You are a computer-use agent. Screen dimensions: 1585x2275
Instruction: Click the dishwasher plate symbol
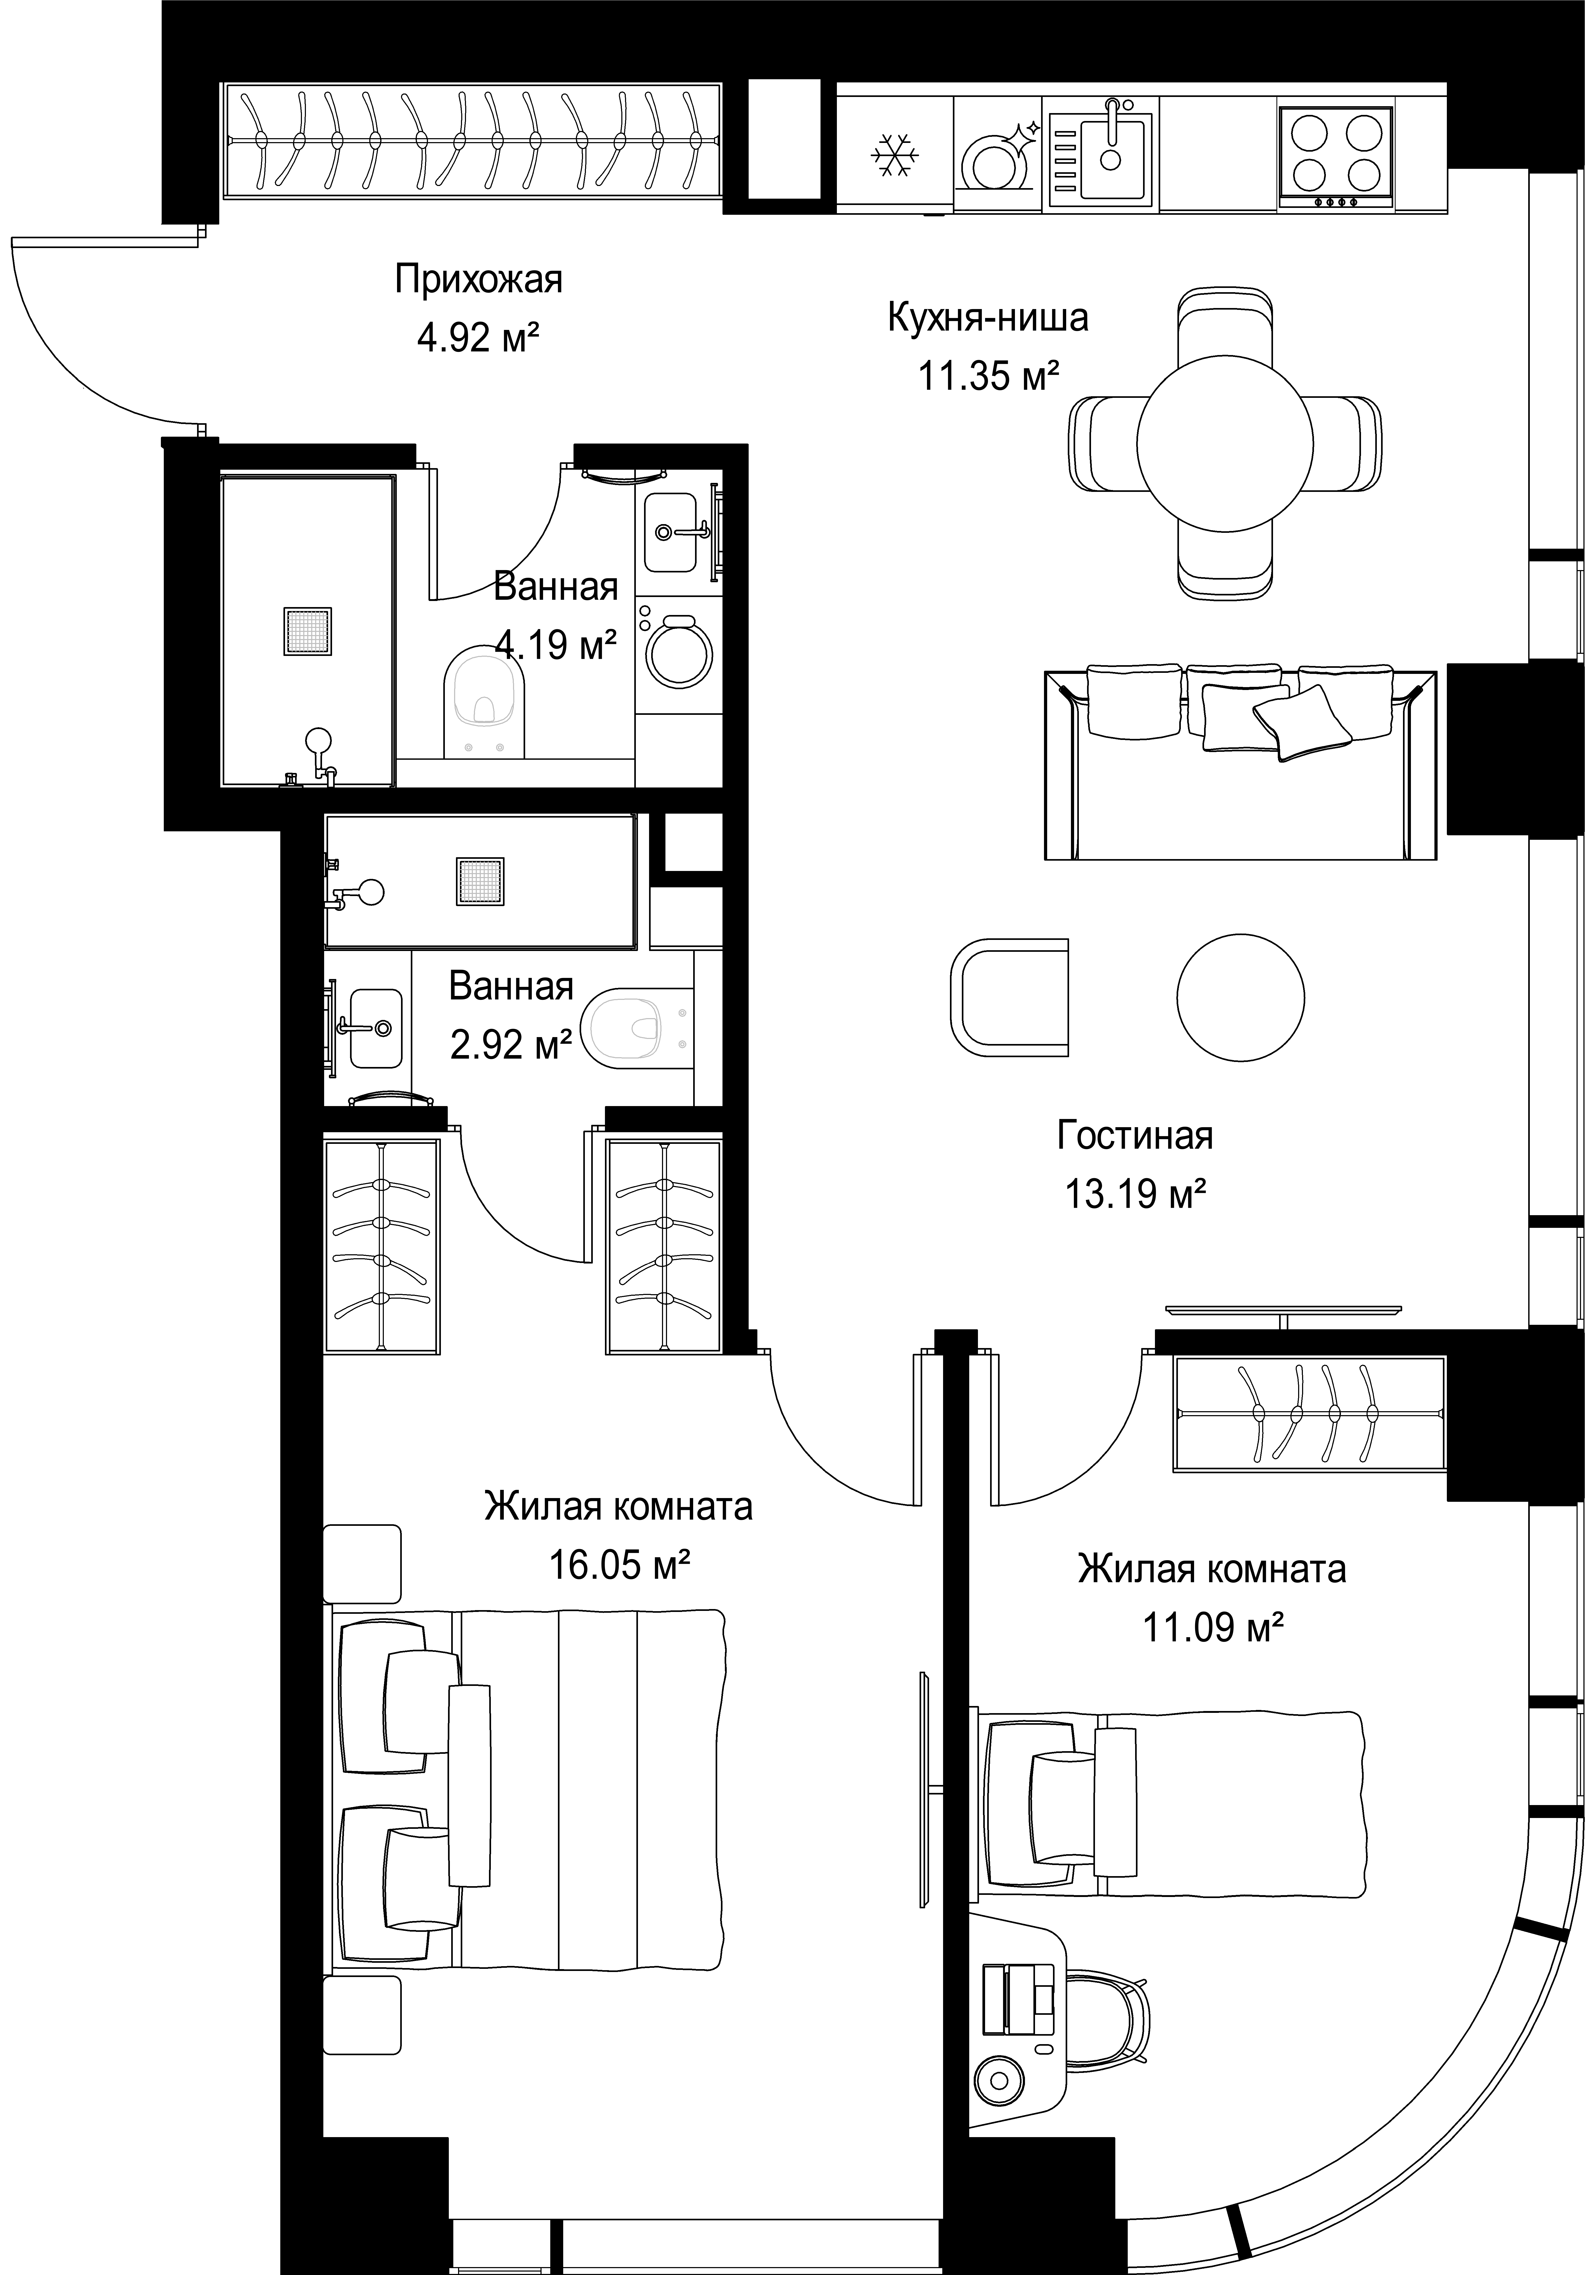(x=997, y=156)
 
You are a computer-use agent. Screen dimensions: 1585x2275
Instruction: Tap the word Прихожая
(x=478, y=280)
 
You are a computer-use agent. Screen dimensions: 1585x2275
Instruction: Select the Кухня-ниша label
(x=988, y=318)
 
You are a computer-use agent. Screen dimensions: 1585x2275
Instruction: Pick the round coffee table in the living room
(x=1240, y=998)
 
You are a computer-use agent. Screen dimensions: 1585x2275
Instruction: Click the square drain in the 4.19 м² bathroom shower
(x=307, y=630)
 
